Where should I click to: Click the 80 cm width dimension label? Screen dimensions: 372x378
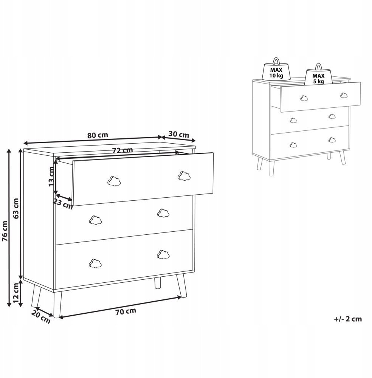(98, 135)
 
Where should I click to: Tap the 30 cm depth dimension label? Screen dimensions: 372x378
(179, 134)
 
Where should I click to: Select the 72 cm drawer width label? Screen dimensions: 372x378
(122, 150)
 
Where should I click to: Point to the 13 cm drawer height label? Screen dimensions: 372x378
(51, 176)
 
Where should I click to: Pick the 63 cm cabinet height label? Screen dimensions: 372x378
(16, 208)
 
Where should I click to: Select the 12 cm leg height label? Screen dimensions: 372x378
(16, 293)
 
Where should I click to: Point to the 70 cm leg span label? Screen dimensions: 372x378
(126, 311)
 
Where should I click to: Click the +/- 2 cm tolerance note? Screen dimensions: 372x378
(348, 319)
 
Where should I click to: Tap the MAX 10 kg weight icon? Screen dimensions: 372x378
(276, 69)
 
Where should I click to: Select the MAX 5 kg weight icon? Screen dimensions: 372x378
(318, 74)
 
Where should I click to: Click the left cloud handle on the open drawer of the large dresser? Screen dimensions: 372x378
(114, 181)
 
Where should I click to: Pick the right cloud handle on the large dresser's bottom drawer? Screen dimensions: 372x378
(163, 254)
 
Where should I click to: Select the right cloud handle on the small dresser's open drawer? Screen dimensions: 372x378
(344, 95)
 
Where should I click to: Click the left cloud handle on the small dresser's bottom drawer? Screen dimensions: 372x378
(293, 145)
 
